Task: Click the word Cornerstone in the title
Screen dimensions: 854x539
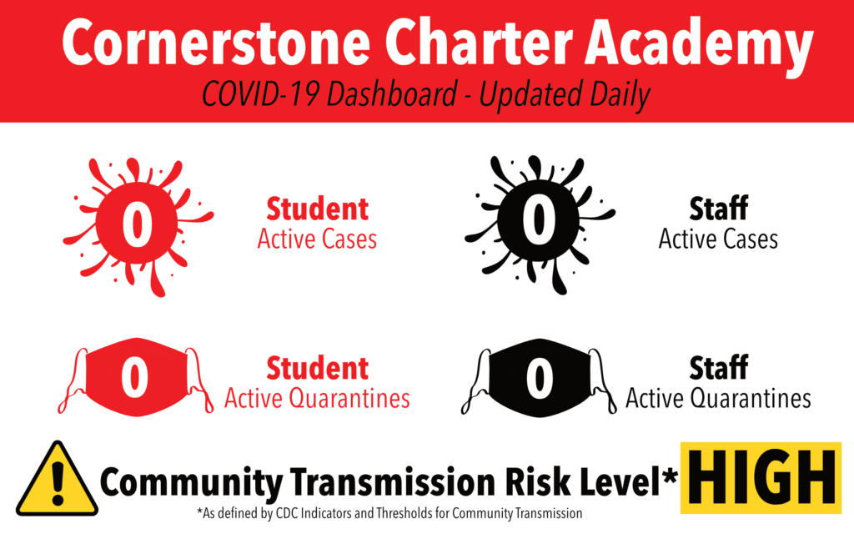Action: click(216, 43)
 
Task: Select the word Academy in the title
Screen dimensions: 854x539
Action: click(700, 48)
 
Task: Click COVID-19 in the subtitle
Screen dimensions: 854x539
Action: click(260, 93)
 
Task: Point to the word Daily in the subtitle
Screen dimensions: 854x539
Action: click(620, 96)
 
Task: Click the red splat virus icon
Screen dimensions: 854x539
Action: click(138, 225)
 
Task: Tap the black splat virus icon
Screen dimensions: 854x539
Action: click(540, 224)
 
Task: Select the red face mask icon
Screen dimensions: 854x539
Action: click(136, 377)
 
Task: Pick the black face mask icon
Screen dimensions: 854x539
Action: click(539, 378)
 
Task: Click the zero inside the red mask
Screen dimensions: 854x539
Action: click(134, 377)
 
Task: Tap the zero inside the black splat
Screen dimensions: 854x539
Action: click(538, 219)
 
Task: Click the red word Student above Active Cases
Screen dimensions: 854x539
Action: click(318, 209)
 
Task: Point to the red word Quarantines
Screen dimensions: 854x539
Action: click(349, 399)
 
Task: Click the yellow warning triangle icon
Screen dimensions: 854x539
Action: click(58, 479)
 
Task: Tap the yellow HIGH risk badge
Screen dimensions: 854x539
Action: click(761, 478)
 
